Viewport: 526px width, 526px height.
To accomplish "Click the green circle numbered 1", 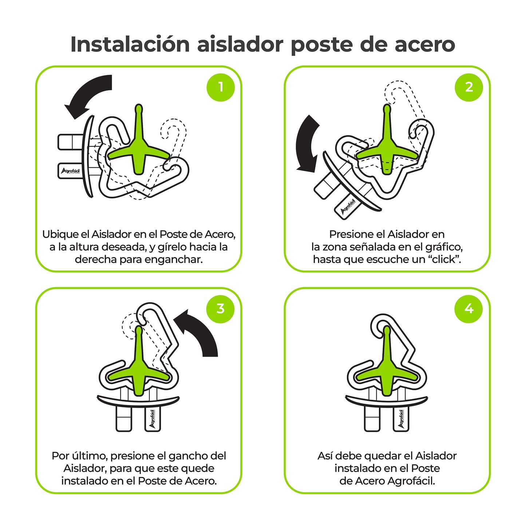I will pos(220,87).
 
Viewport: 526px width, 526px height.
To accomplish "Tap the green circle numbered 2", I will pos(469,87).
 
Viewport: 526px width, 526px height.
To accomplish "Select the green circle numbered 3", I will pos(220,309).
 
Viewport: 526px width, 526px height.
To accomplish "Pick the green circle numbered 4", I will pos(469,309).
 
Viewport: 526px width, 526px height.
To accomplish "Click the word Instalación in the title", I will pos(130,44).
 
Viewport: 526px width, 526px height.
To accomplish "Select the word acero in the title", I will pos(425,44).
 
